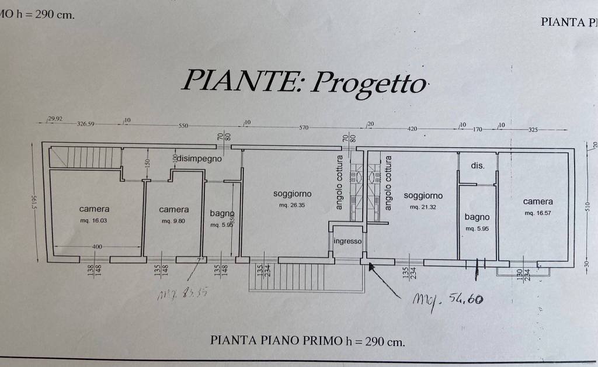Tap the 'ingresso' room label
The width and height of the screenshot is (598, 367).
tap(347, 241)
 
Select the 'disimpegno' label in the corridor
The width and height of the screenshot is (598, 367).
tap(200, 158)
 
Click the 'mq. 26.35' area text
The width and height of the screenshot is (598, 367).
tap(292, 205)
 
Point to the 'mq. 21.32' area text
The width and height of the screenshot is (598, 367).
tap(423, 207)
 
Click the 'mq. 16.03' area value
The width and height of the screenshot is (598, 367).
tap(94, 220)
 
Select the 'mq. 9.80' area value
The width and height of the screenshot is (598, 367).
tap(173, 221)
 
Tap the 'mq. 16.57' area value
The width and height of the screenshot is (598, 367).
tap(537, 213)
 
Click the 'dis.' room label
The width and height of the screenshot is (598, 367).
tap(477, 166)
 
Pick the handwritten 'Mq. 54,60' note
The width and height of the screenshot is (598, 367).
tap(448, 299)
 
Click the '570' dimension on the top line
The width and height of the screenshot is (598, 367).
tap(303, 127)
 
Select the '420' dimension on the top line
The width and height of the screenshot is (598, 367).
tap(412, 129)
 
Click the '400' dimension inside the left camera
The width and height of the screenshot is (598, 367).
tap(97, 247)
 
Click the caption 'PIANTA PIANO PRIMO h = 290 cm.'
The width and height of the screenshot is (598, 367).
tap(307, 342)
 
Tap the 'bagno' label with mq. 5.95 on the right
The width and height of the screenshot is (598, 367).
tap(477, 217)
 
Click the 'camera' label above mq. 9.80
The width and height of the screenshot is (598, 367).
tap(173, 209)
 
